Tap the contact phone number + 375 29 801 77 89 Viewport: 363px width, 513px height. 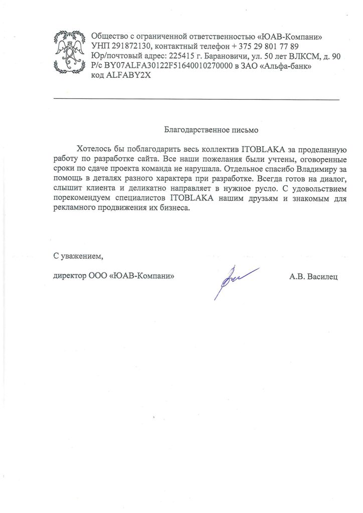(265, 47)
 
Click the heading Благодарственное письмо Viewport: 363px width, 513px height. (211, 131)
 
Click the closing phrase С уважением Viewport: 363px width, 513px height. (78, 257)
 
